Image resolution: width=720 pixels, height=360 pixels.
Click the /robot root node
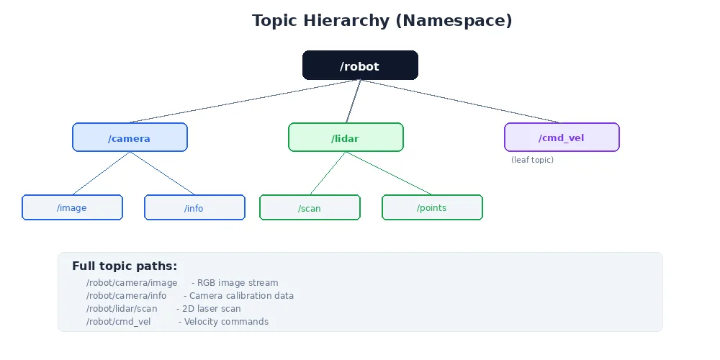[x=360, y=66]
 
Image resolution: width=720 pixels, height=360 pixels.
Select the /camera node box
[x=130, y=138]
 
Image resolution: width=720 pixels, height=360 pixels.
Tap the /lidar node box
[x=346, y=138]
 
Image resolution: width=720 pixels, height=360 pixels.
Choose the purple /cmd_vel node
[x=562, y=138]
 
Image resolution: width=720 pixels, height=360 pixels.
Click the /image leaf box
[x=72, y=207]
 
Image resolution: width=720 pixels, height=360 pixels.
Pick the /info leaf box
[x=194, y=207]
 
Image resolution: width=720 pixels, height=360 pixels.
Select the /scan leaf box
[x=310, y=207]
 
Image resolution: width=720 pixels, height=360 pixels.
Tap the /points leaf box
[x=432, y=207]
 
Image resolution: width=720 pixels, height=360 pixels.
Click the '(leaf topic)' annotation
[x=532, y=160]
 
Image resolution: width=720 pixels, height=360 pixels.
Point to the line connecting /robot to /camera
[x=245, y=102]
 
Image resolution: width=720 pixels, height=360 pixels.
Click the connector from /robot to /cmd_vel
[x=461, y=102]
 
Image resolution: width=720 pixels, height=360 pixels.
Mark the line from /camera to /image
[x=101, y=173]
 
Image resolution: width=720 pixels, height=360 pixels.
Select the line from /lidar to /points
[x=389, y=173]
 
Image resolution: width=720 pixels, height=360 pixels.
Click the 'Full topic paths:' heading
[x=124, y=266]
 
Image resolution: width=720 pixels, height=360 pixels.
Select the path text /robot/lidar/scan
[x=122, y=309]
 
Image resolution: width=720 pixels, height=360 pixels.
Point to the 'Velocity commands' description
[x=226, y=322]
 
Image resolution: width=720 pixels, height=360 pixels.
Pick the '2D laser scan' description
[x=211, y=309]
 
